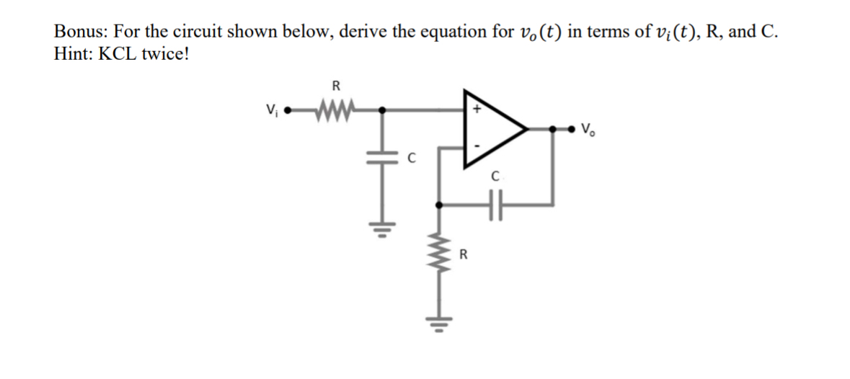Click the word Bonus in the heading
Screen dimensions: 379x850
[79, 32]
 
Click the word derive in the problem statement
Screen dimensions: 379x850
[362, 32]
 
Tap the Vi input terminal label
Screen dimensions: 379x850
[270, 112]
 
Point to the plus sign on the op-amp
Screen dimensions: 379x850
[476, 109]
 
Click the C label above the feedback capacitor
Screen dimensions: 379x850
[495, 175]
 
